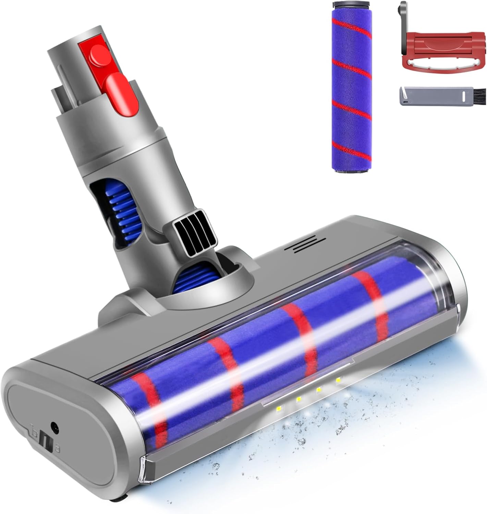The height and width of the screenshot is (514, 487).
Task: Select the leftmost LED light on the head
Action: pyautogui.click(x=278, y=409)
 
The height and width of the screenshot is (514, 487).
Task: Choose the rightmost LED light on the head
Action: pyautogui.click(x=339, y=379)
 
